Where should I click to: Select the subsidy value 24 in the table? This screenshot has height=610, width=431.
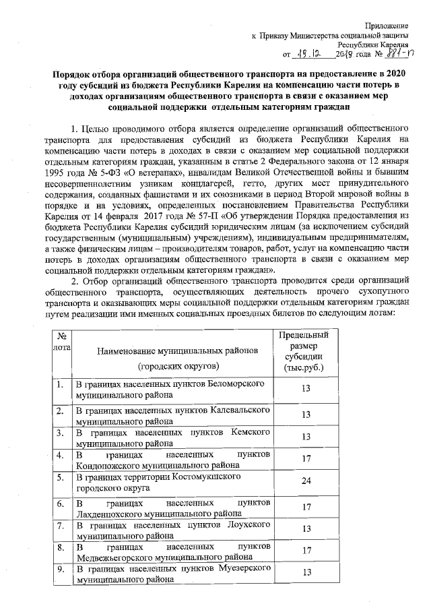pyautogui.click(x=306, y=482)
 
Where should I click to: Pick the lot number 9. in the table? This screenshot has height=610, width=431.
pyautogui.click(x=60, y=570)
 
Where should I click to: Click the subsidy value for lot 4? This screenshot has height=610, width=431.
pyautogui.click(x=306, y=459)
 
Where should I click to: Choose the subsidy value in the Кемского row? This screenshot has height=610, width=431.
pyautogui.click(x=306, y=437)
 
